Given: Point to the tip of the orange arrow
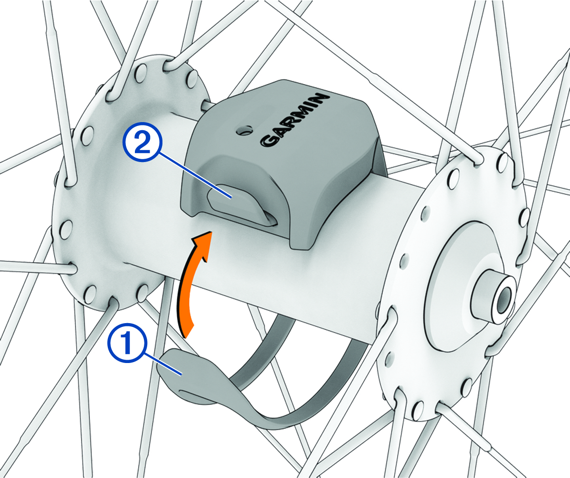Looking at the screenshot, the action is (x=212, y=232).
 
